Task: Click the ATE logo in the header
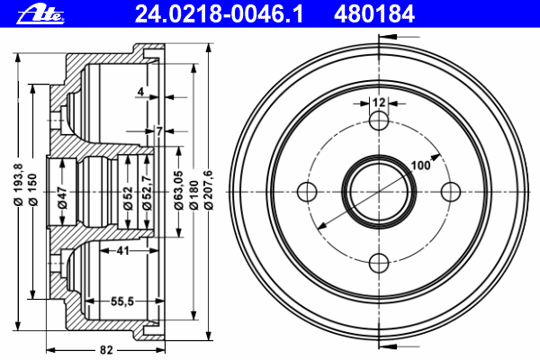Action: [x=40, y=14]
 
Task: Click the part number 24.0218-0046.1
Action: [x=219, y=14]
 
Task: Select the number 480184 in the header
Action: [x=374, y=14]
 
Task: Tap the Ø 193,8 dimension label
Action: [x=18, y=184]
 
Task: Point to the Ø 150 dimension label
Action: [x=32, y=190]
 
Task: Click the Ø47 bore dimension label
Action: [x=62, y=197]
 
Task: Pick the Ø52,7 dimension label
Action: [x=147, y=193]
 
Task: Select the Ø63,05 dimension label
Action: [x=178, y=190]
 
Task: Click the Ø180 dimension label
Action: [x=193, y=194]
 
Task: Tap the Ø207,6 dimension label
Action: [x=209, y=190]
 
